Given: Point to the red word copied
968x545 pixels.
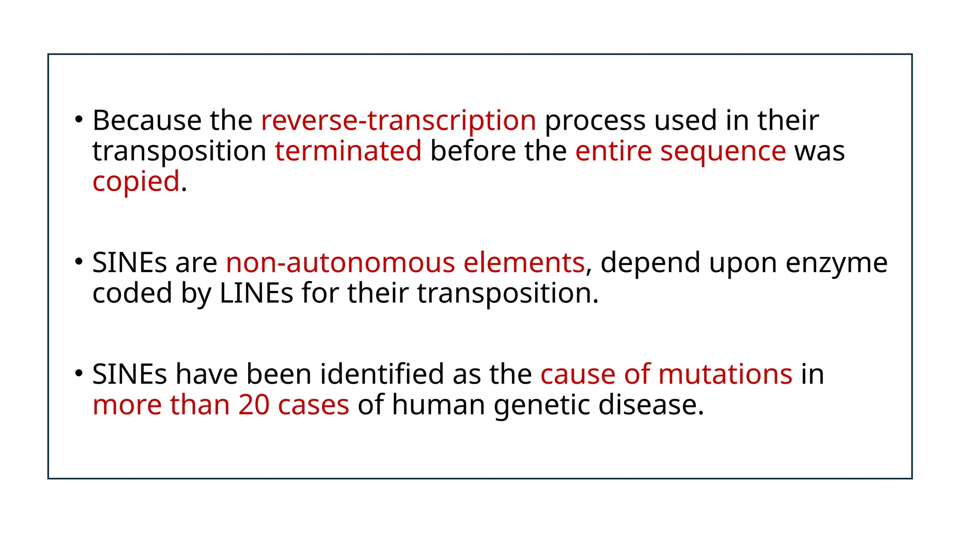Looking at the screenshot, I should (x=136, y=182).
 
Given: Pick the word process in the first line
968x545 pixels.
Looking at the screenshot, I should (x=595, y=121).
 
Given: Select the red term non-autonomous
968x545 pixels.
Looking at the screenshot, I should (x=341, y=263).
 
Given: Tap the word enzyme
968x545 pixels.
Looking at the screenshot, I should (x=836, y=264).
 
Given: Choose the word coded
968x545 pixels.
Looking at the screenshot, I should (x=132, y=293).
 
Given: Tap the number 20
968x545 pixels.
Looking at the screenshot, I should (x=254, y=405).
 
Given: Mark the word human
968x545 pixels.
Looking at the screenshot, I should (x=438, y=405).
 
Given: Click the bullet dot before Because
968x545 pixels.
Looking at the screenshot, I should (x=78, y=119).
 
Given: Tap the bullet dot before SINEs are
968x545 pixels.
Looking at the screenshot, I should (x=78, y=262).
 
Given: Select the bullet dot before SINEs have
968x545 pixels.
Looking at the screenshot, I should (x=78, y=373).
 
